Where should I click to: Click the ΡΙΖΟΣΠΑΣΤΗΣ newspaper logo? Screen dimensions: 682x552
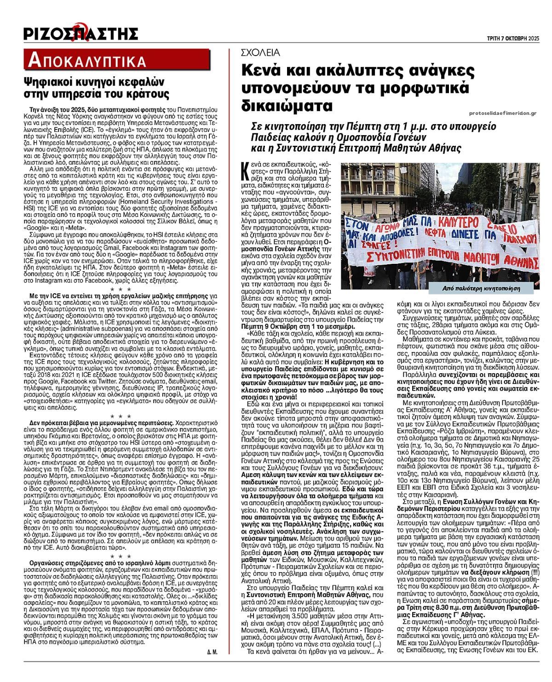tap(81, 33)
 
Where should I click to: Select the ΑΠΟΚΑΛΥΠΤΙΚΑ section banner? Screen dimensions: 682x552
tap(86, 60)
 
